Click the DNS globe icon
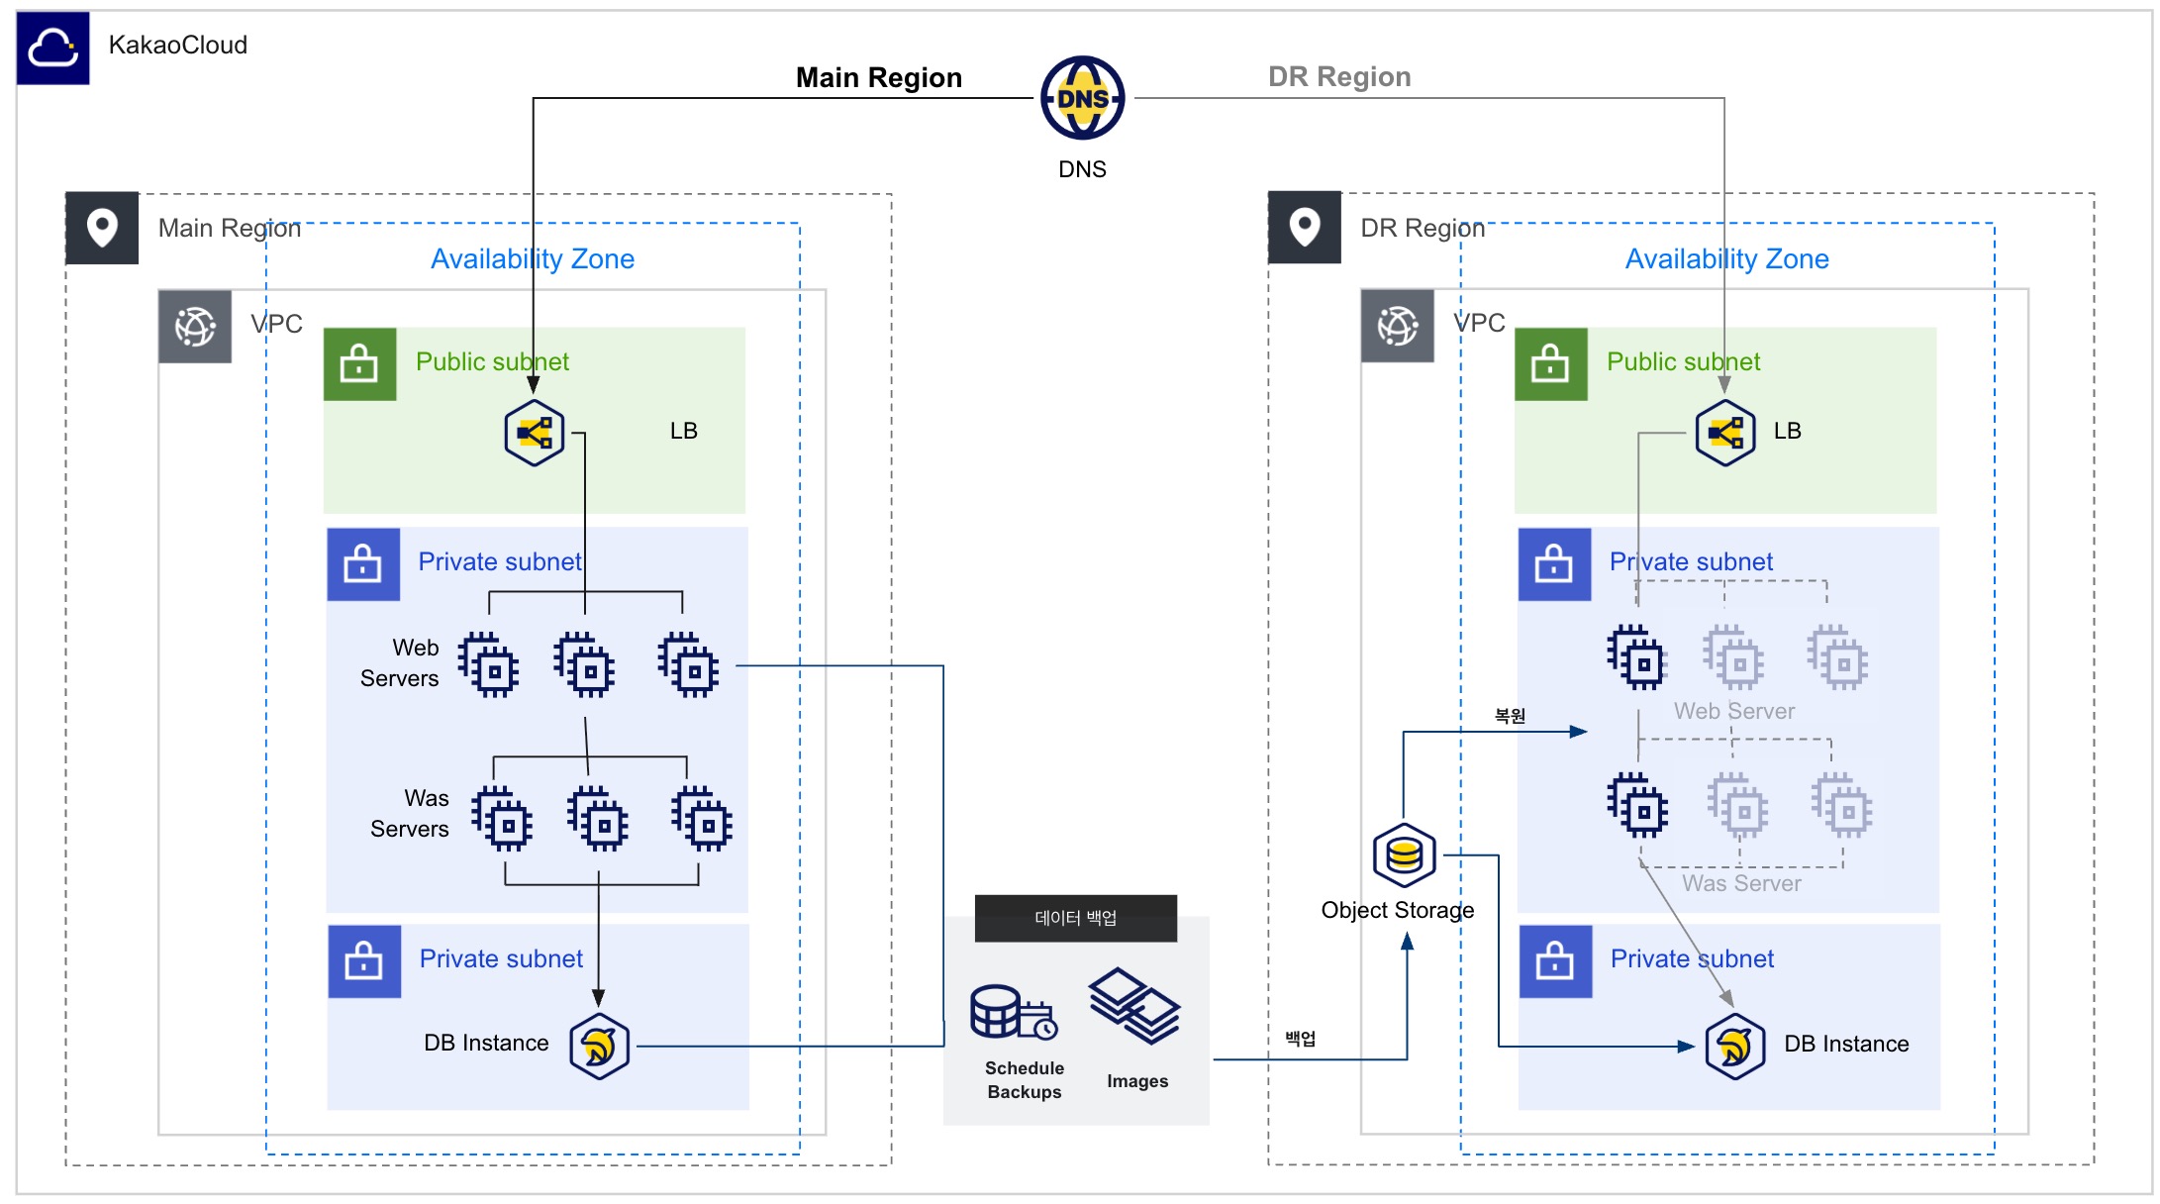[x=1082, y=98]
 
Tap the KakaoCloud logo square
[x=52, y=48]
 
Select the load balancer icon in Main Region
[x=534, y=433]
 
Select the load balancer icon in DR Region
[x=1724, y=433]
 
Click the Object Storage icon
[x=1404, y=854]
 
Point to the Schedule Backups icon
[x=1014, y=1012]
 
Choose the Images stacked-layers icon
[x=1134, y=1005]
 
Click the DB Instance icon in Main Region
[x=599, y=1046]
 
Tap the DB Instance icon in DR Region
[x=1734, y=1046]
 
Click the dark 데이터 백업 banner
[x=1076, y=918]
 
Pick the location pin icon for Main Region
[x=102, y=228]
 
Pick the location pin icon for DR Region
[x=1305, y=228]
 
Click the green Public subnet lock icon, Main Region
[x=359, y=363]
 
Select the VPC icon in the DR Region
[x=1397, y=326]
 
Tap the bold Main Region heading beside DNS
[x=879, y=77]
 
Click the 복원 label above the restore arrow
[x=1510, y=716]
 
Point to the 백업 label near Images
[x=1301, y=1039]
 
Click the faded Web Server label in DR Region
[x=1734, y=711]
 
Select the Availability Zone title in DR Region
[x=1727, y=259]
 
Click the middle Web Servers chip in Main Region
[x=584, y=665]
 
